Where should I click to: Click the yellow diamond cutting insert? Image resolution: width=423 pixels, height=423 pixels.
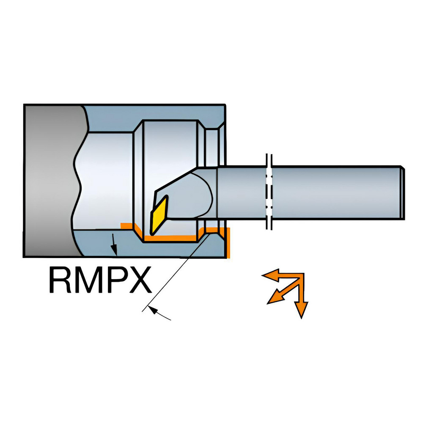(x=159, y=215)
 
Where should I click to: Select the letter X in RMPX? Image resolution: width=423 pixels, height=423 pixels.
(x=139, y=280)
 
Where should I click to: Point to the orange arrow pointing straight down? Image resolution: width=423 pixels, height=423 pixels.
(x=301, y=297)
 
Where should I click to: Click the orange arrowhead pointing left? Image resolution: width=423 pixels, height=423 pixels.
(x=271, y=275)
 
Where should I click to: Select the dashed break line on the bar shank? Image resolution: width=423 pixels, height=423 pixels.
(x=269, y=192)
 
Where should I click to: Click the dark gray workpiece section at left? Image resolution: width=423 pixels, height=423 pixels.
(x=51, y=181)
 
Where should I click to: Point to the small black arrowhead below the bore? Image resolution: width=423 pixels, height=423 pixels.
(x=114, y=250)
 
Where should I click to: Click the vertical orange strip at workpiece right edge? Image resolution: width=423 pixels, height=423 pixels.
(x=228, y=243)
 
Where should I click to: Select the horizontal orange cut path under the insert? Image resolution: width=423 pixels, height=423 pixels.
(x=170, y=238)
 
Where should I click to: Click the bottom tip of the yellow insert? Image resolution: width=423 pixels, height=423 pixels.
(x=152, y=234)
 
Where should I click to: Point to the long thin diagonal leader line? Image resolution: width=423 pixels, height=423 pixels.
(x=176, y=272)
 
